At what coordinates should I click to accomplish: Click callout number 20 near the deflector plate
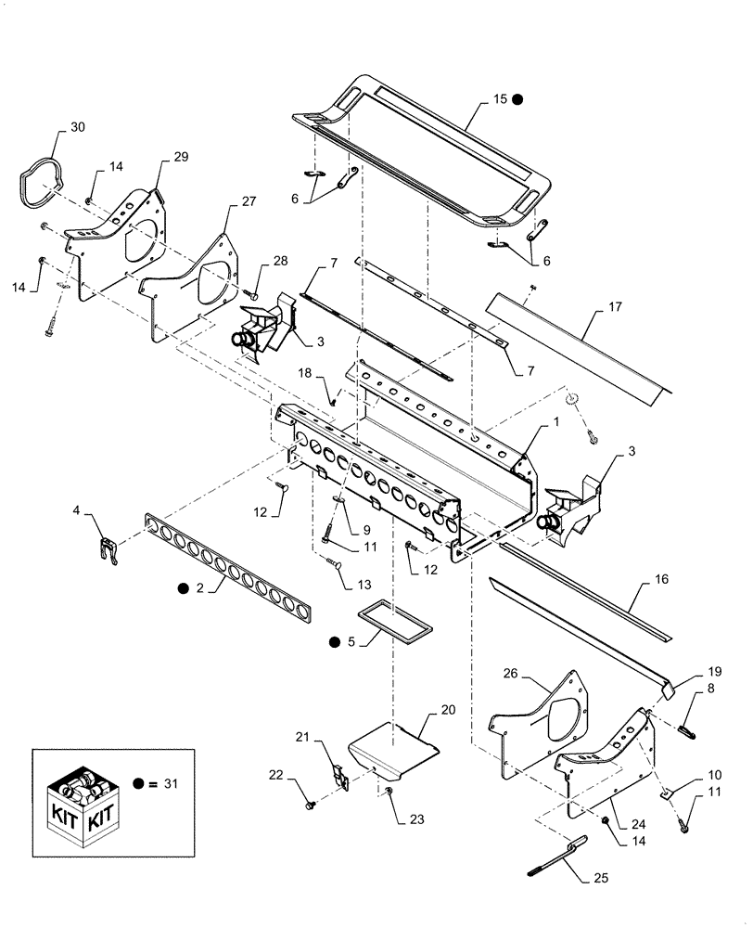point(449,710)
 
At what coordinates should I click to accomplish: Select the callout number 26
point(512,673)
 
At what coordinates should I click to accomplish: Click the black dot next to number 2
point(185,588)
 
